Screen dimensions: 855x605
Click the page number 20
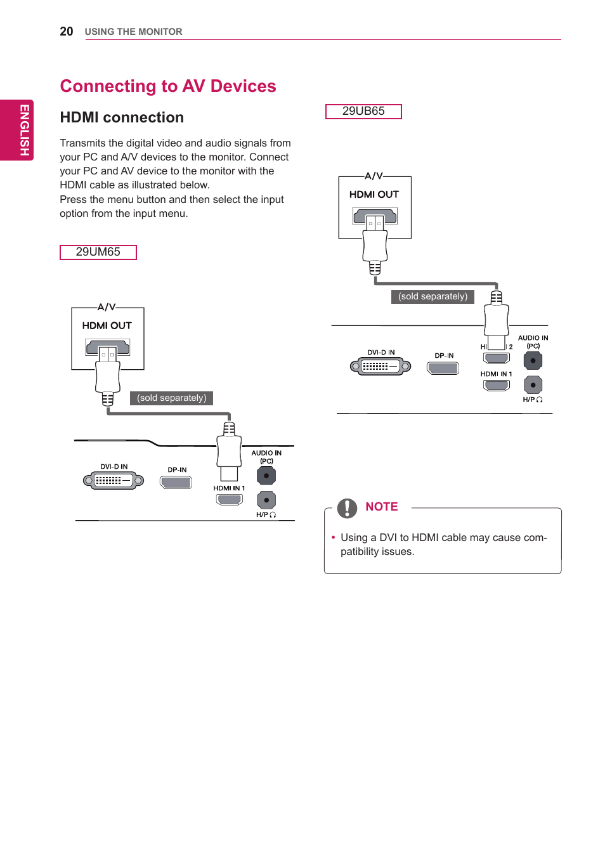click(x=66, y=32)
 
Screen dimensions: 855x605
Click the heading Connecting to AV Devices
click(x=168, y=86)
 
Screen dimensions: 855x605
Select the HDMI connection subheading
click(x=122, y=117)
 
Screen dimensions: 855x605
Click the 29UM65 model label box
click(x=98, y=252)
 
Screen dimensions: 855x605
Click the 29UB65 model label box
click(x=363, y=111)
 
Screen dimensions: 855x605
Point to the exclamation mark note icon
click(x=347, y=508)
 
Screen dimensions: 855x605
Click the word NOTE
click(x=382, y=507)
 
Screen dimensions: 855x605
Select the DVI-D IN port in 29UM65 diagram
click(x=114, y=481)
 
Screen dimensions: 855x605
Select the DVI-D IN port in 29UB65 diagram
click(x=381, y=366)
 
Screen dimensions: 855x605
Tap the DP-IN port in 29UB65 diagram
click(x=443, y=368)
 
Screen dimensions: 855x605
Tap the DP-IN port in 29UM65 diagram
click(x=176, y=482)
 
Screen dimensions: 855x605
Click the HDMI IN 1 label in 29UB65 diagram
click(x=496, y=374)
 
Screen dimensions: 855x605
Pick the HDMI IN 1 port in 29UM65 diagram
click(x=230, y=499)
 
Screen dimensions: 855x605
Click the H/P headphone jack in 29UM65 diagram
click(x=266, y=500)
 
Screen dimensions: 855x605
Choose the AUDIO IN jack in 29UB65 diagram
click(x=533, y=360)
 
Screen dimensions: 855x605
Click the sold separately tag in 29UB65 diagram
click(x=433, y=296)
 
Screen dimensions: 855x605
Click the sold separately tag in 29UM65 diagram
click(x=171, y=398)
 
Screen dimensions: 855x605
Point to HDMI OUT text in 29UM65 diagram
click(x=107, y=325)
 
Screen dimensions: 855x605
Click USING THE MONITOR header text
click(x=133, y=32)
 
